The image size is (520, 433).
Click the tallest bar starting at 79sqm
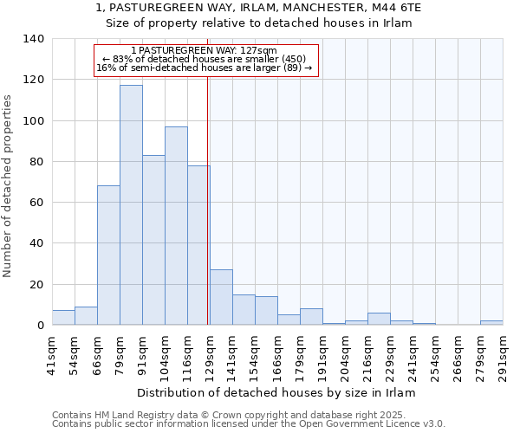pos(131,205)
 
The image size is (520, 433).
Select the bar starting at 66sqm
pos(108,255)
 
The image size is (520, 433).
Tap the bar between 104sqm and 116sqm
pos(176,226)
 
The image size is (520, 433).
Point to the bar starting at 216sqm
pos(379,319)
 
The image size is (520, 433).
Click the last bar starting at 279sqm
pos(491,322)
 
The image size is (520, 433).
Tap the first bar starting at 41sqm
pos(63,318)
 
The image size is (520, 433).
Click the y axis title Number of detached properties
pos(9,183)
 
